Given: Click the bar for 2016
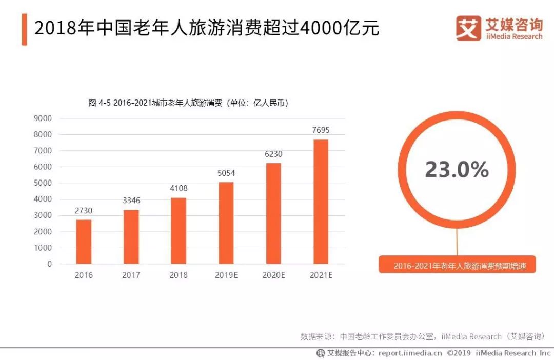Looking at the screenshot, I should click(84, 242).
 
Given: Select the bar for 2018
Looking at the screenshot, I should click(179, 231).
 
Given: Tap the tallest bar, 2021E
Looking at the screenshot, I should click(321, 202).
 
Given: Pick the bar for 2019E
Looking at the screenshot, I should click(226, 223).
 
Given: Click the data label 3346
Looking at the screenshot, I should click(131, 201).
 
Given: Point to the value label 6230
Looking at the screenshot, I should click(273, 154).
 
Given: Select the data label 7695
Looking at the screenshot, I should click(321, 130).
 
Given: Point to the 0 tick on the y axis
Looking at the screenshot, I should click(49, 264).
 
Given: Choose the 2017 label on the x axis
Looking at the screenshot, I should click(131, 275).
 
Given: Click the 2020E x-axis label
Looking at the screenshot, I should click(273, 275).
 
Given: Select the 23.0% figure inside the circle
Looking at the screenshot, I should click(457, 170).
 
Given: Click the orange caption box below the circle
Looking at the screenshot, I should click(457, 266).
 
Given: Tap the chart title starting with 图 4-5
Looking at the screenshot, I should click(188, 103).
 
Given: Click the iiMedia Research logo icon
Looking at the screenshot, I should click(468, 28).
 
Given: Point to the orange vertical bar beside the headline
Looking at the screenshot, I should click(24, 29).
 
